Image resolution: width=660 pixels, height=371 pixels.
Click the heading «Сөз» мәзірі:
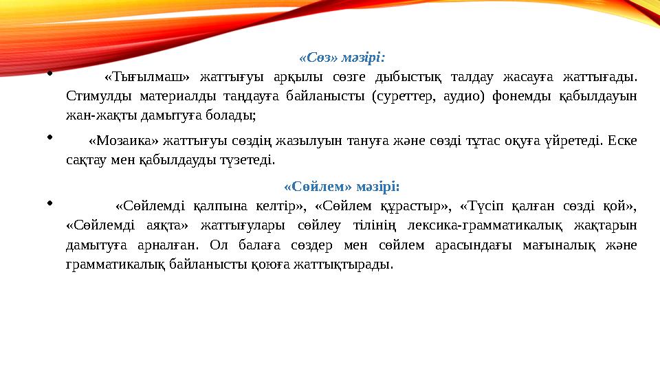coord(342,57)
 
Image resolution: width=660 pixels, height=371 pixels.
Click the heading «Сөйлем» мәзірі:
coord(342,186)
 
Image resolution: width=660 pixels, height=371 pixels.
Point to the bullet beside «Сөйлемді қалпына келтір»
coord(50,202)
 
